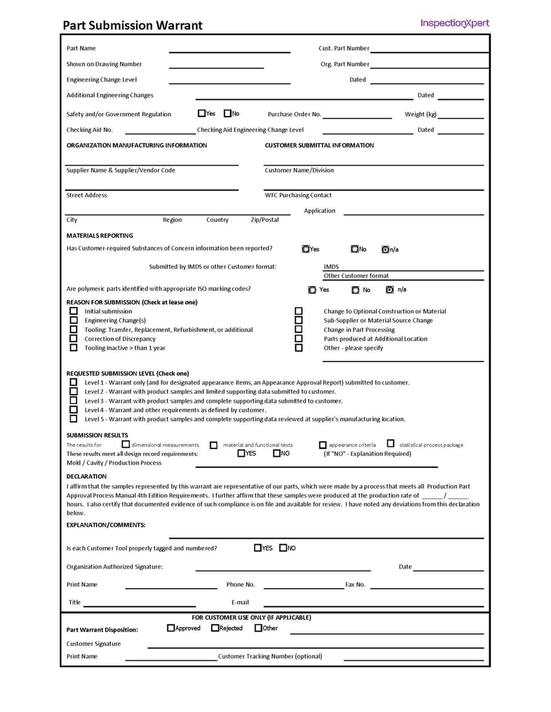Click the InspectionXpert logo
tap(454, 24)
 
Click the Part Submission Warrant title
tap(132, 26)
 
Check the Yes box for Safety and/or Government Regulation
tap(202, 113)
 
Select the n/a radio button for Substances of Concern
tap(385, 249)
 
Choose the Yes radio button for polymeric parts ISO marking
tap(312, 290)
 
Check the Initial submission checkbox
tap(73, 312)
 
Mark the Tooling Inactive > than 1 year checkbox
tap(73, 348)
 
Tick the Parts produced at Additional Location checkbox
tap(299, 339)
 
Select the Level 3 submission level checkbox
tap(73, 401)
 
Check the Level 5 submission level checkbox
tap(73, 419)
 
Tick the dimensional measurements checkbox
tap(126, 444)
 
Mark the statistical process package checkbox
tap(390, 444)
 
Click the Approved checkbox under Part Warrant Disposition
tap(171, 628)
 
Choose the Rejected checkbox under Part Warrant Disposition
tap(215, 628)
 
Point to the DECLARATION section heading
tap(86, 476)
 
